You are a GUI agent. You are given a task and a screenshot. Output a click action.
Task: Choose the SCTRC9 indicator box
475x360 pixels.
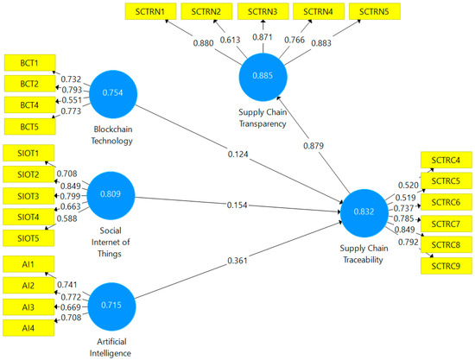(446, 265)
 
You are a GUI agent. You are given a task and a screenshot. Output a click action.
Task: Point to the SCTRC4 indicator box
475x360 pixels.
(446, 161)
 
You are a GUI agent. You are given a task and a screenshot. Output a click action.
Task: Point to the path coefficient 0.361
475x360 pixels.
(237, 260)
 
